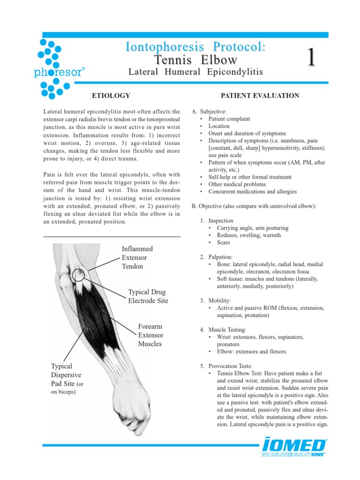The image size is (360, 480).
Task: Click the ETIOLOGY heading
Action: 111,96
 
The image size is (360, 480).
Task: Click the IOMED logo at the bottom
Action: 294,447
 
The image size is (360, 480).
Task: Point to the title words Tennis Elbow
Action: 195,60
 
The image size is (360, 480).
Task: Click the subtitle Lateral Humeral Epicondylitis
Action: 195,72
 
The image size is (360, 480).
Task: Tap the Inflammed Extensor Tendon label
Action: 137,257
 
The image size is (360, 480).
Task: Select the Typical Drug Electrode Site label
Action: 148,296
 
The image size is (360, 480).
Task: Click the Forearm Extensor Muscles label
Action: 150,335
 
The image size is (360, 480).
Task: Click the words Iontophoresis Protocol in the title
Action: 195,47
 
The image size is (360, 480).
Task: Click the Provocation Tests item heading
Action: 227,366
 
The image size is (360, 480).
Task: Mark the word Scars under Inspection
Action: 224,242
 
